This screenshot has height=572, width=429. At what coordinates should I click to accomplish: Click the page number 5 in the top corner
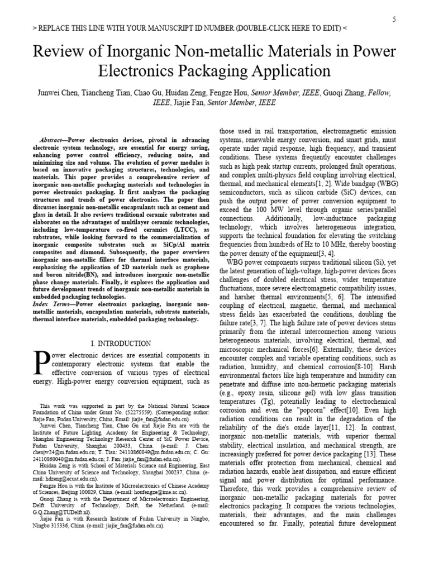coord(394,19)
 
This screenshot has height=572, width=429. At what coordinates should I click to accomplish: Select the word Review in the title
coord(58,53)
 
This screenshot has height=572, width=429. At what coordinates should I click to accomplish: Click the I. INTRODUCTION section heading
coord(121,343)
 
